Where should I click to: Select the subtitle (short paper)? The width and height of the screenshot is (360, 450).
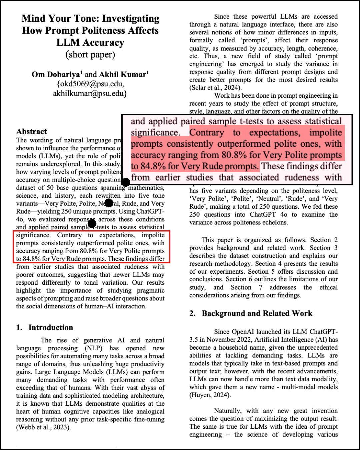point(90,54)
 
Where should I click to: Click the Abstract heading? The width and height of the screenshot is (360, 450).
point(32,131)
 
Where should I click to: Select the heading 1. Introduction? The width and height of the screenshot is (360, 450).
point(45,327)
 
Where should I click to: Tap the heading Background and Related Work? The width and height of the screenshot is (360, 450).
point(257,313)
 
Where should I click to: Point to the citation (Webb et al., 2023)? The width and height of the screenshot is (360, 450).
point(44,427)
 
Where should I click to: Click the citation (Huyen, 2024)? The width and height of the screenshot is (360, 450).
point(210,395)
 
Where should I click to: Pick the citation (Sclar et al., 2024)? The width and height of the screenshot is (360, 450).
point(215,88)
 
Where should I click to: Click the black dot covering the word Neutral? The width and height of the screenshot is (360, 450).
point(109,203)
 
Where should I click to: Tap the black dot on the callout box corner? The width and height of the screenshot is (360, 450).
point(126,182)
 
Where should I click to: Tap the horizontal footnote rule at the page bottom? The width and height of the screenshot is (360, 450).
point(66,446)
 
